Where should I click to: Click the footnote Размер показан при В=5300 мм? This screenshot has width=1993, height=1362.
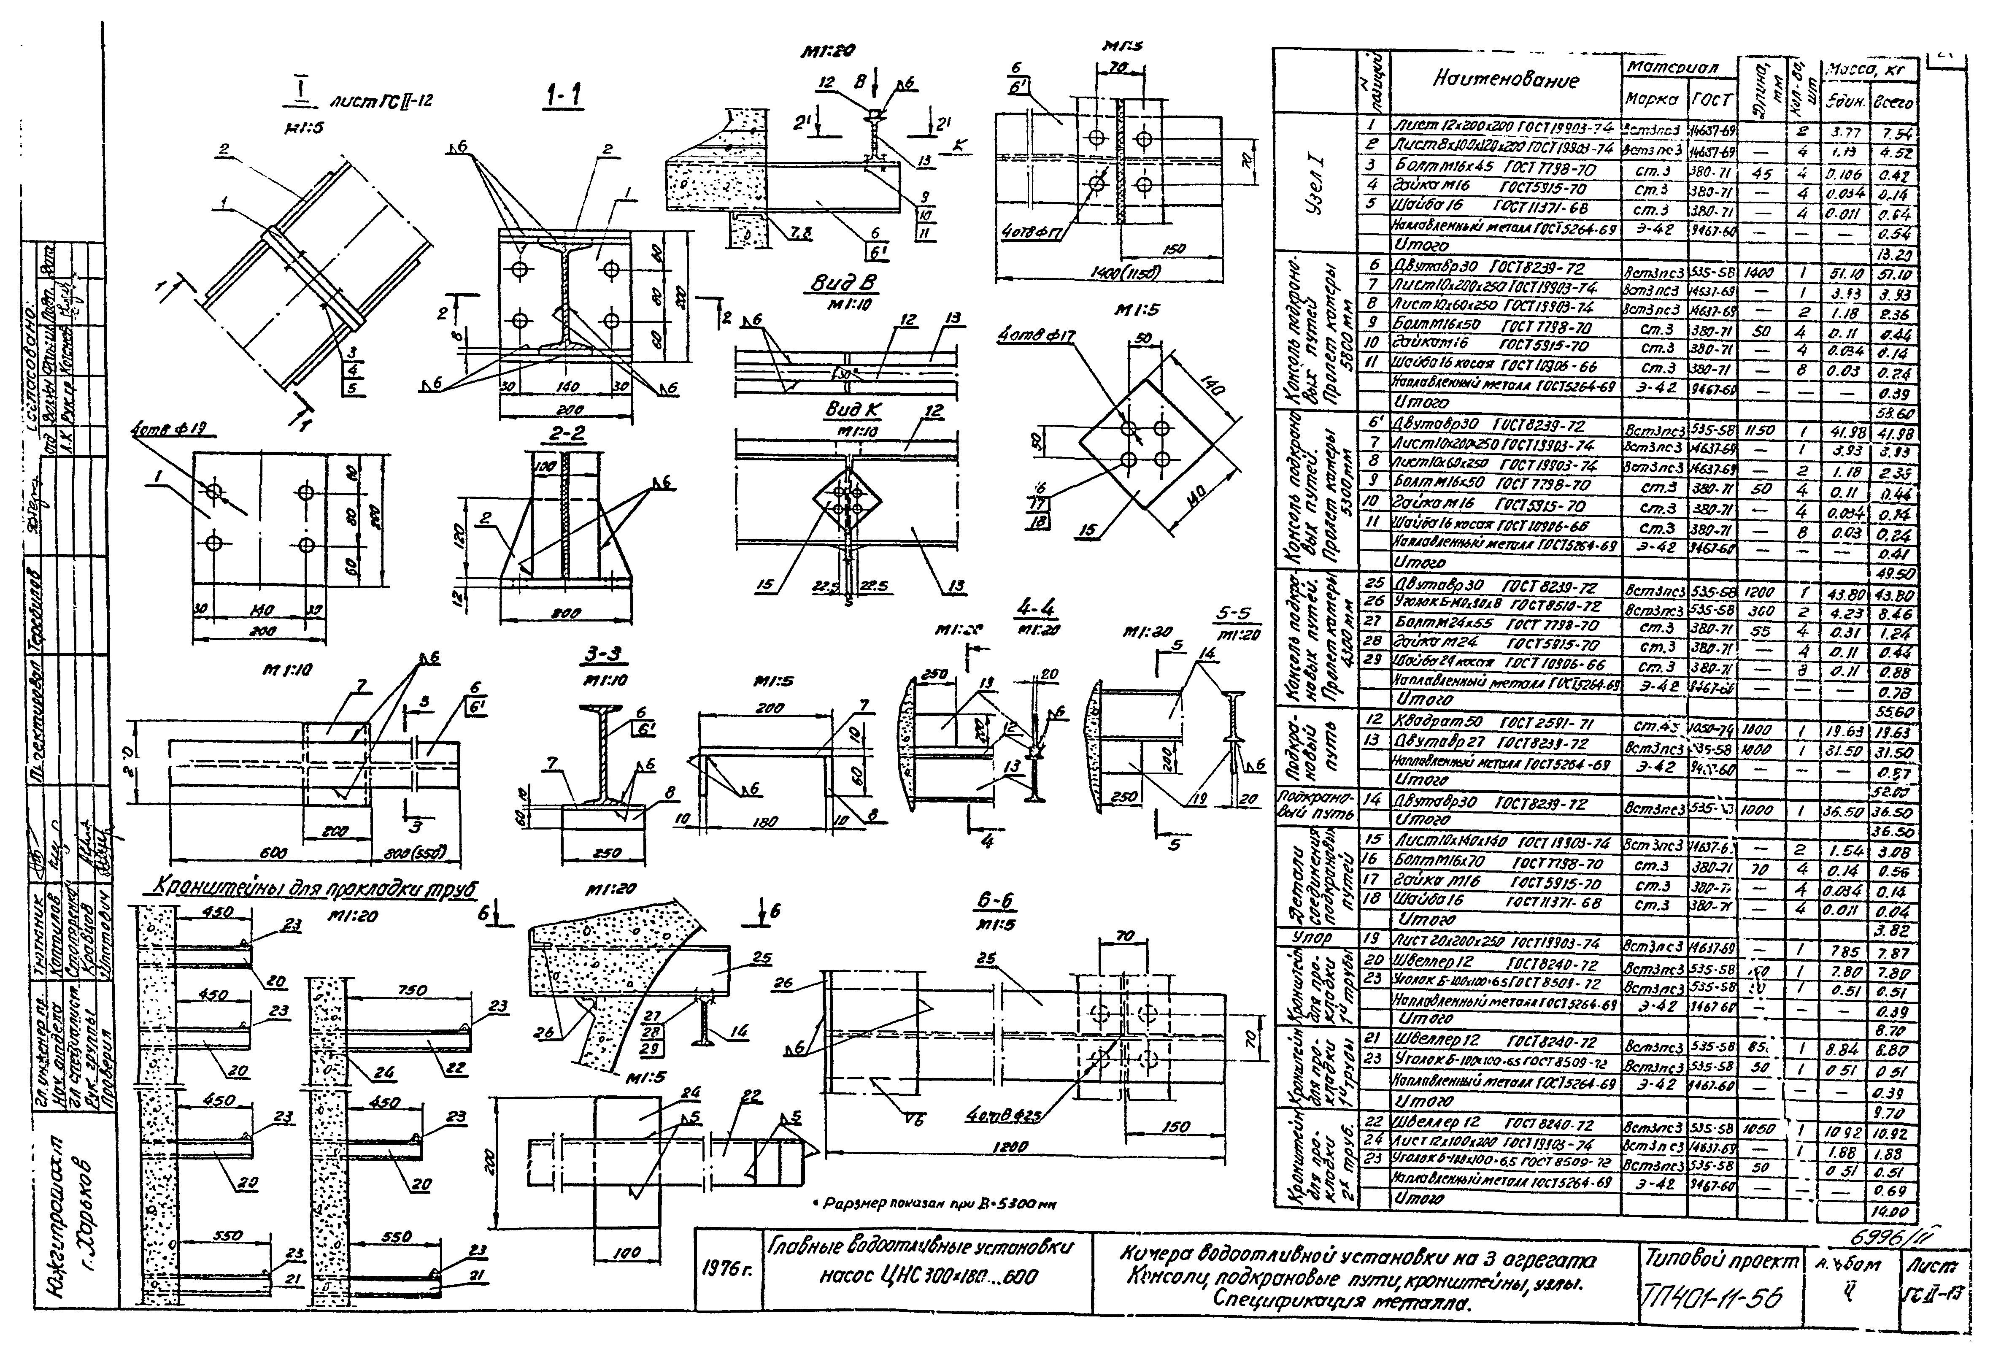pos(935,1204)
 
